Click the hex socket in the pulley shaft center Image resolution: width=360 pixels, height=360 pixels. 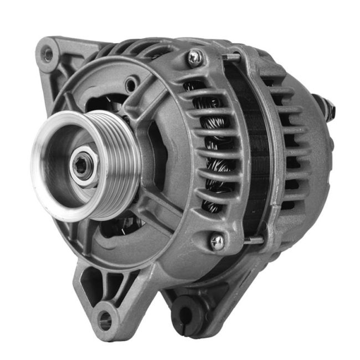[x=80, y=165]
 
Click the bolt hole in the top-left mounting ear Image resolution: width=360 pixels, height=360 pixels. [x=48, y=54]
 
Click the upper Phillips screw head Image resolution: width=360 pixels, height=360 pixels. [x=194, y=58]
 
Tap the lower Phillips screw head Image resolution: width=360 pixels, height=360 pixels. [x=217, y=241]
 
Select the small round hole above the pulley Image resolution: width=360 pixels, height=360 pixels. [x=131, y=86]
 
